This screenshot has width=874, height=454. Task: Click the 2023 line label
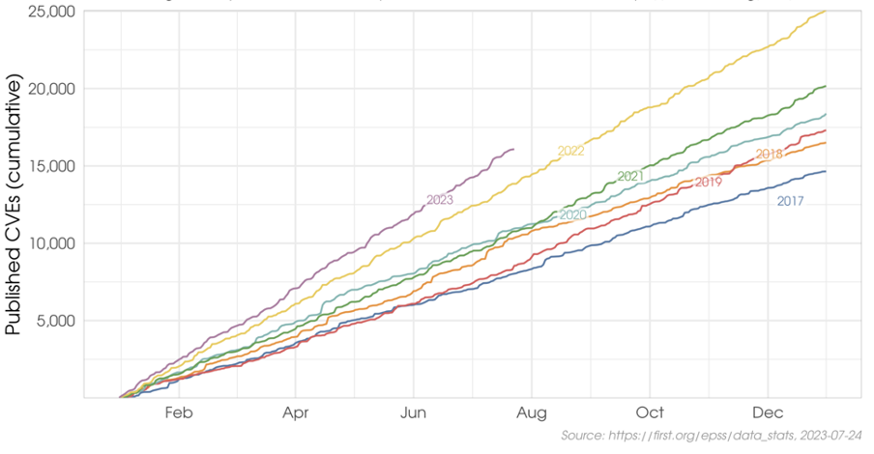(440, 200)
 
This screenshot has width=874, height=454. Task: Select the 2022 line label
(571, 151)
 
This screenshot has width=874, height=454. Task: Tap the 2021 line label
(630, 177)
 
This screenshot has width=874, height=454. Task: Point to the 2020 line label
(573, 215)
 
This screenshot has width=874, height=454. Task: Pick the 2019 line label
(708, 183)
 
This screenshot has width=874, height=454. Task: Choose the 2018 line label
(770, 155)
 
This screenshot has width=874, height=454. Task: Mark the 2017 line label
(791, 202)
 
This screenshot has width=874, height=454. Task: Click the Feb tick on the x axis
(180, 412)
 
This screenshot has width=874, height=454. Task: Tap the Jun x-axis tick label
(414, 412)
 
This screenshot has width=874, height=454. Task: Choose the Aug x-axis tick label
(533, 412)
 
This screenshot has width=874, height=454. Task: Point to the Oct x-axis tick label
(651, 412)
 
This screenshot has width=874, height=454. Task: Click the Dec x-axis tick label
(769, 412)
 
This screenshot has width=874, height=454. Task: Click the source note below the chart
(711, 437)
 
